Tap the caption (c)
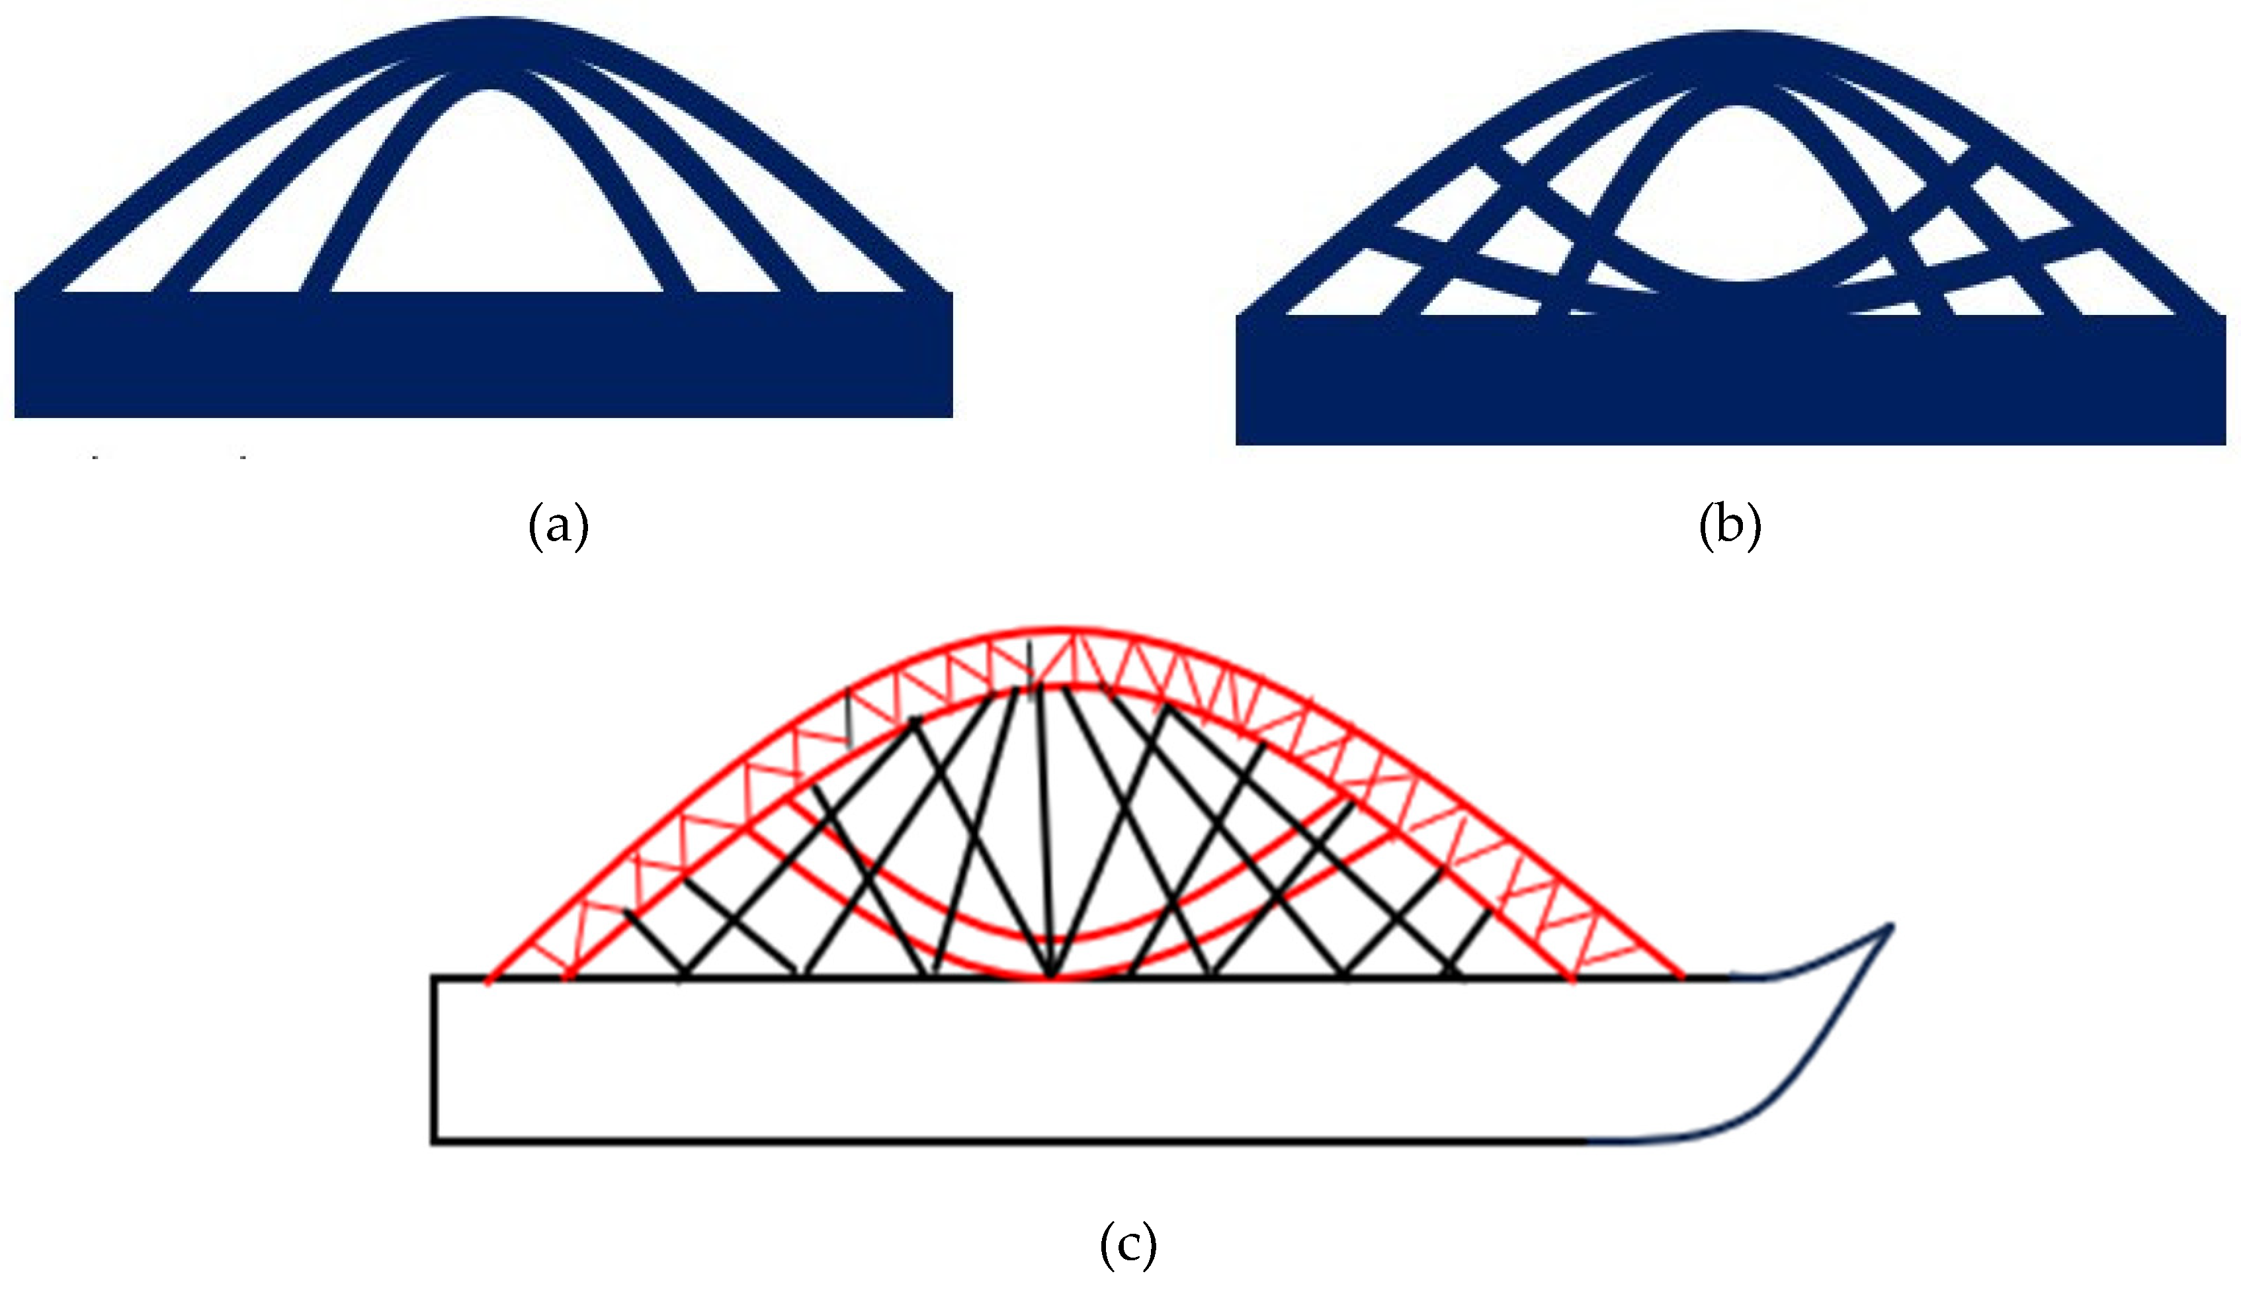pyautogui.click(x=1128, y=1245)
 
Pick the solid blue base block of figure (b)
pyautogui.click(x=1729, y=382)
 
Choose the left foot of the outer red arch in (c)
pyautogui.click(x=488, y=981)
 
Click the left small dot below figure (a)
pyautogui.click(x=95, y=458)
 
